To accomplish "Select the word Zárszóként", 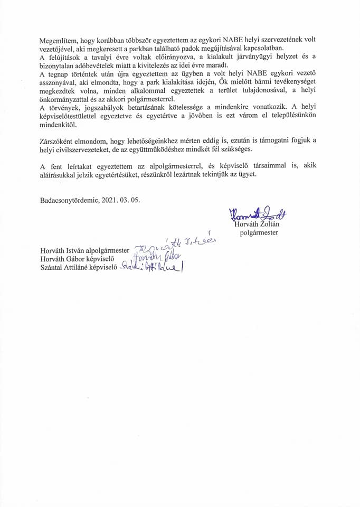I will [x=58, y=141].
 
